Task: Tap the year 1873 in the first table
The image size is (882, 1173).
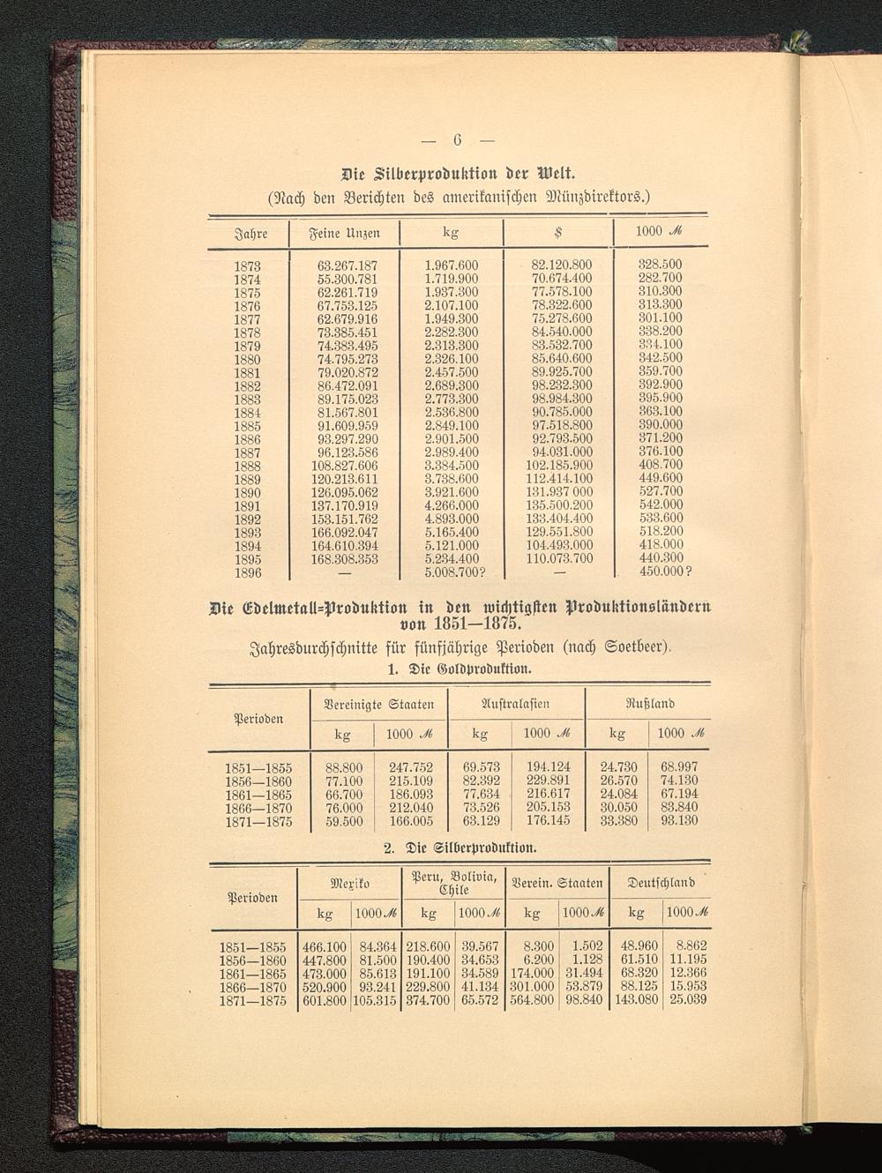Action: (247, 265)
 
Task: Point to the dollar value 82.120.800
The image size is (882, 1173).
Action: (561, 265)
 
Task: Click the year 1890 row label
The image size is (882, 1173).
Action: (247, 492)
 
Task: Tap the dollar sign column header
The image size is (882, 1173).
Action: (557, 233)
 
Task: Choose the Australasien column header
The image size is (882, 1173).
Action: (515, 704)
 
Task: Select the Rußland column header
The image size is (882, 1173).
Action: (650, 704)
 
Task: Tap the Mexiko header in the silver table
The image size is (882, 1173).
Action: (349, 883)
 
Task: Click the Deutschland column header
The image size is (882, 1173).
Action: (661, 882)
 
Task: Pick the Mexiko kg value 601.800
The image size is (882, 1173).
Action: (324, 1001)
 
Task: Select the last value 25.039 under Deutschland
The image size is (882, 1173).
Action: (688, 1000)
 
